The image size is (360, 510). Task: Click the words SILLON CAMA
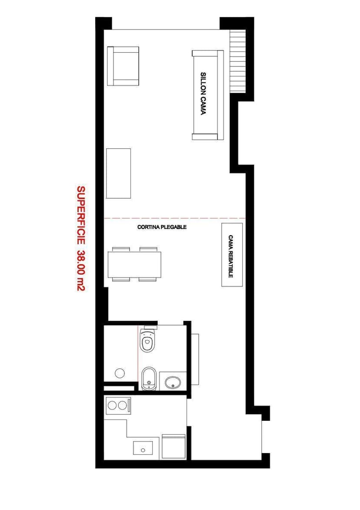(203, 93)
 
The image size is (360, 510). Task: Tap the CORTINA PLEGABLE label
(162, 227)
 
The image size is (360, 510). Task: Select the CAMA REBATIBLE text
(230, 256)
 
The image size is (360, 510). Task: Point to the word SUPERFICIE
(80, 215)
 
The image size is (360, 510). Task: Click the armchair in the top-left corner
(123, 66)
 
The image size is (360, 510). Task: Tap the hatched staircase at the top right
(238, 61)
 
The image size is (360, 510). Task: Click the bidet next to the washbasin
(149, 379)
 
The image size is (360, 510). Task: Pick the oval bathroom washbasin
(173, 382)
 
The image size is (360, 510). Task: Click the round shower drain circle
(120, 373)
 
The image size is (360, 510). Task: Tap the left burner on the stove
(112, 406)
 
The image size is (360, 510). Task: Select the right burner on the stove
(122, 406)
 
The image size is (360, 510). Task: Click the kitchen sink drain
(143, 450)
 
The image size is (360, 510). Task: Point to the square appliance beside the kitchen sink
(173, 447)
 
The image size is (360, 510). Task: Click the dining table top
(135, 264)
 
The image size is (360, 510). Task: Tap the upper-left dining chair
(121, 249)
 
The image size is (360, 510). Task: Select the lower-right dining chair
(148, 279)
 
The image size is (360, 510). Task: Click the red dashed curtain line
(175, 218)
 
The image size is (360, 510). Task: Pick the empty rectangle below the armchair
(119, 173)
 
